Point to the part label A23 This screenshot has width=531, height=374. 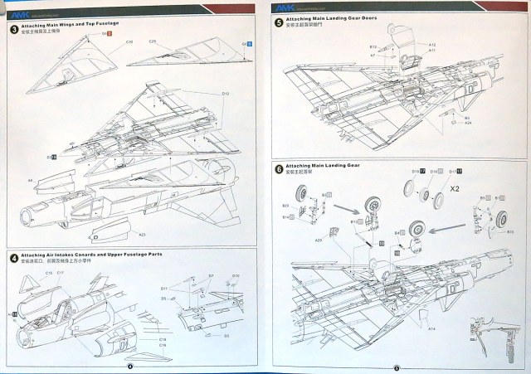pyautogui.click(x=141, y=235)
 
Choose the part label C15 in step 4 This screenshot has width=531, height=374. pyautogui.click(x=49, y=273)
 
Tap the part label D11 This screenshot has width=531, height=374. pyautogui.click(x=163, y=288)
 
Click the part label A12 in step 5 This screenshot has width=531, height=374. pyautogui.click(x=432, y=44)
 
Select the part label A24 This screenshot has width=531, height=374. pyautogui.click(x=468, y=124)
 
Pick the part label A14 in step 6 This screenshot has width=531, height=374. pyautogui.click(x=431, y=329)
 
